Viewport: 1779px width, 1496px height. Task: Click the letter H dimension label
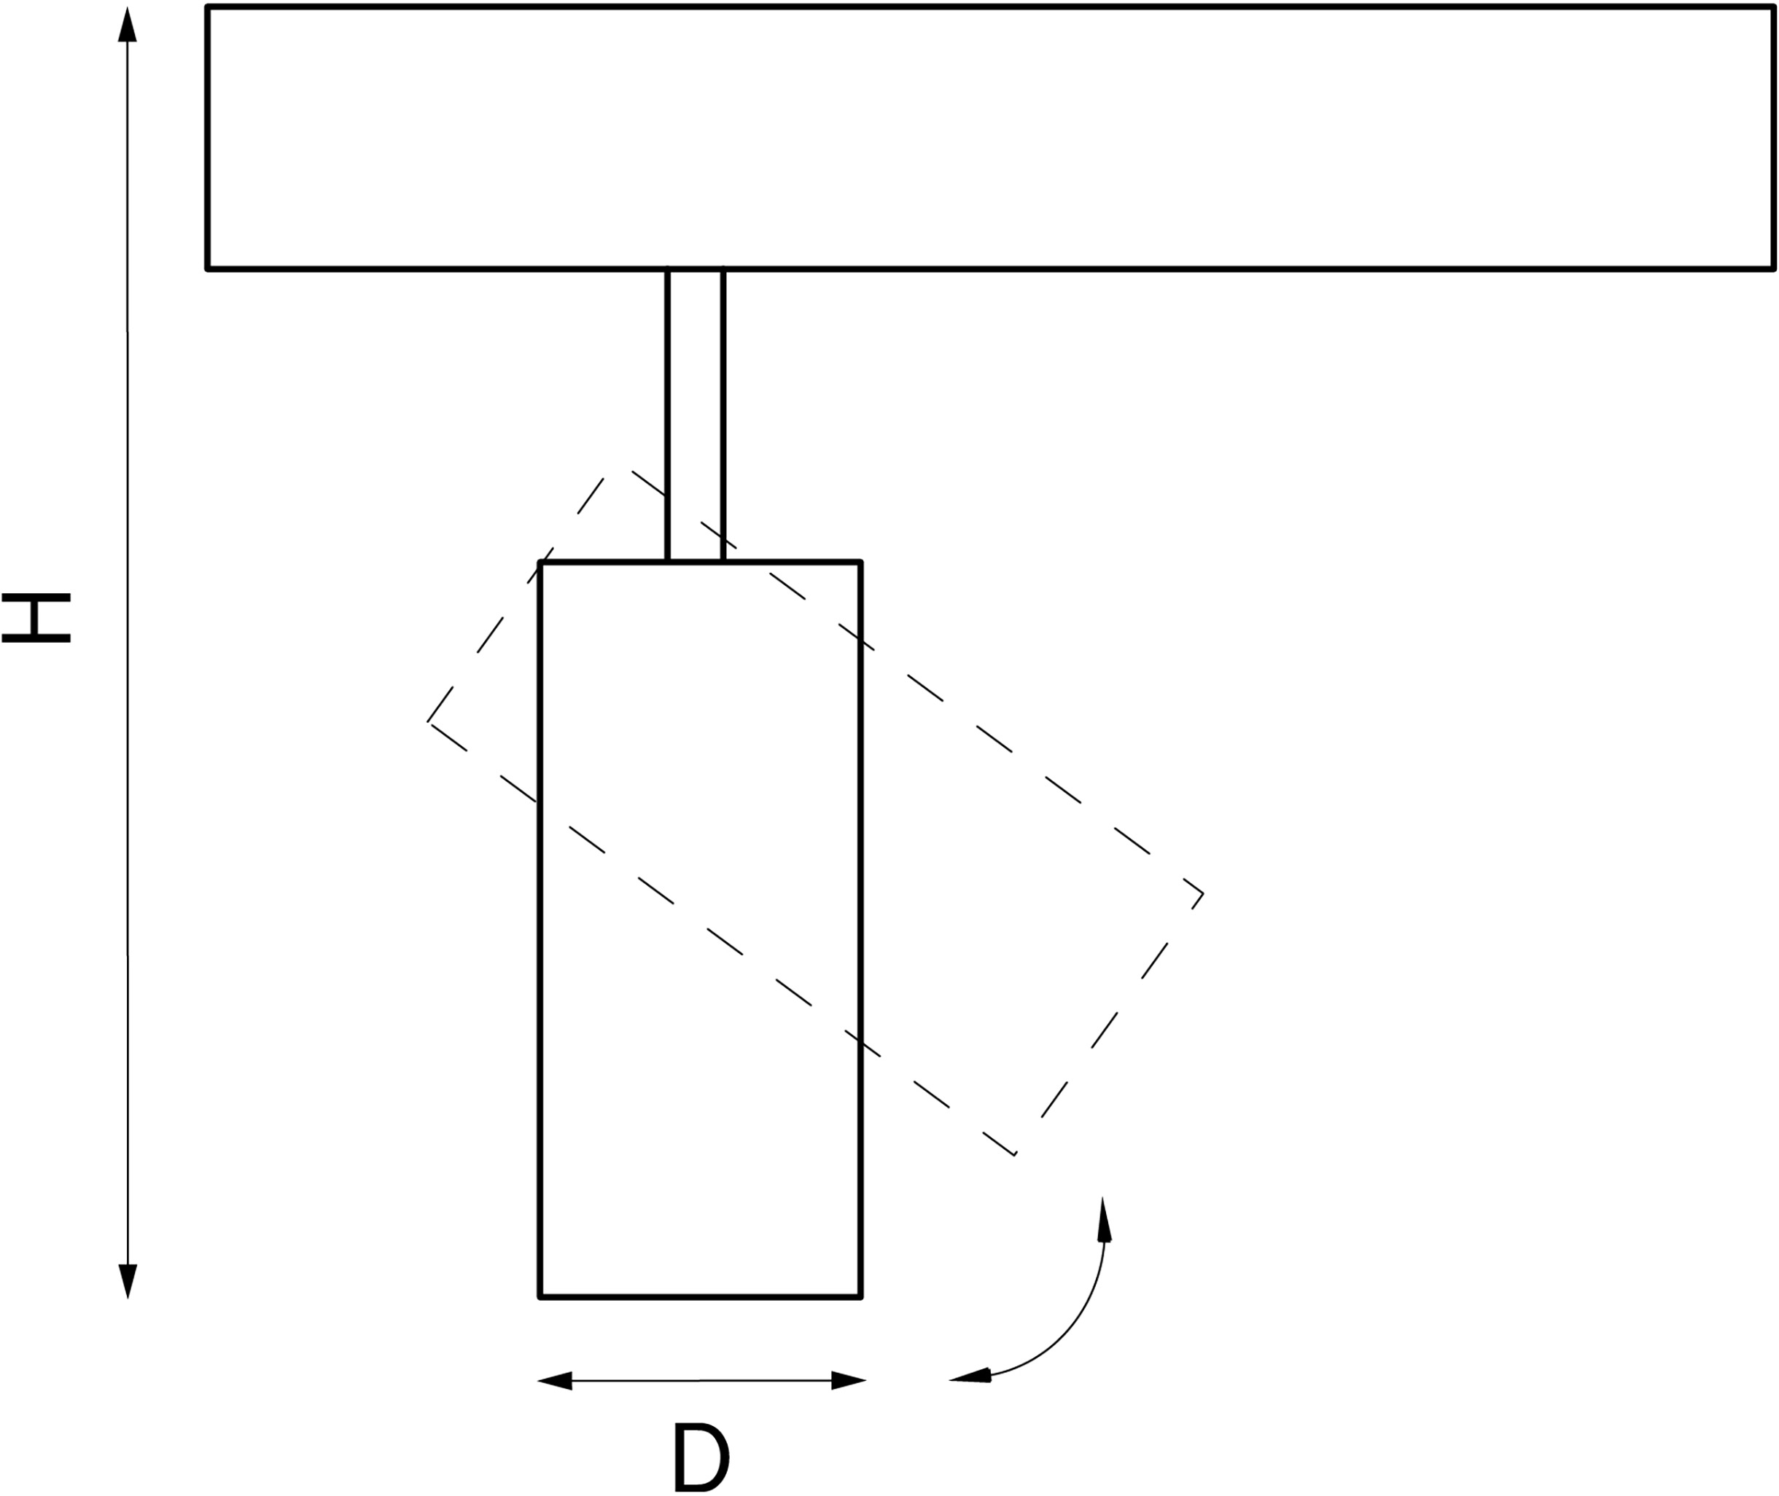[36, 618]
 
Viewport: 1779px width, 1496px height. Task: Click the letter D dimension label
[701, 1456]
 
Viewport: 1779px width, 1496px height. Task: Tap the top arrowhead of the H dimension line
[128, 26]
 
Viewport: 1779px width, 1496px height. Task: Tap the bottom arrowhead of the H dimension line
[128, 1280]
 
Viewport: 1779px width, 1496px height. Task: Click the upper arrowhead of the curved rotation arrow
[1104, 1220]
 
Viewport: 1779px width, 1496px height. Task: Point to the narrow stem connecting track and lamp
[695, 415]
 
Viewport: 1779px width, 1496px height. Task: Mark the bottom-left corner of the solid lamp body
[540, 1296]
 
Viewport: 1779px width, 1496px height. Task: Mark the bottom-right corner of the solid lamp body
[860, 1296]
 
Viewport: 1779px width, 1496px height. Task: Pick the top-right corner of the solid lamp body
[860, 563]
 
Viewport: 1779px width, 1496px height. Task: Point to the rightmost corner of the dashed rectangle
[1203, 893]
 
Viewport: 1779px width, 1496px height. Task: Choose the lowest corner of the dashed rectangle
[1015, 1155]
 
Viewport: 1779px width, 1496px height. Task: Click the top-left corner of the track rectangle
[208, 7]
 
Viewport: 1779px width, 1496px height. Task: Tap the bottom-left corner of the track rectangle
[208, 269]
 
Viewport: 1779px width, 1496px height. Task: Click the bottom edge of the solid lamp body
[701, 1296]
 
